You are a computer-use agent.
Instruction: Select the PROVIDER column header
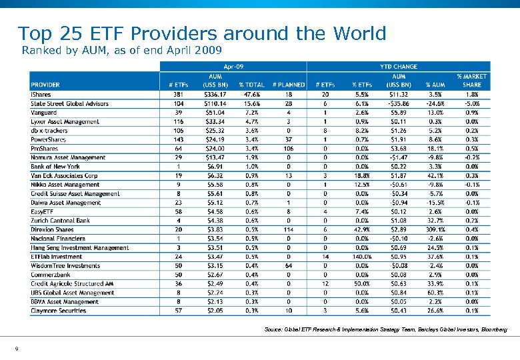45,85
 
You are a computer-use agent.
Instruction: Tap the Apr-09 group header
233,66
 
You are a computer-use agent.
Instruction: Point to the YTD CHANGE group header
398,66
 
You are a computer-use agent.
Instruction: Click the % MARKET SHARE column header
471,81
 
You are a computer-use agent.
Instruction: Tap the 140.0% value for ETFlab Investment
362,257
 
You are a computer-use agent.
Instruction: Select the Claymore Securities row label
58,311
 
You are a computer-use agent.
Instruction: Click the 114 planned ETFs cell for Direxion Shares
289,229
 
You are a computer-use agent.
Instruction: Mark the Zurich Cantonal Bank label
60,221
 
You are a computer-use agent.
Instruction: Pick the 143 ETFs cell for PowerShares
177,139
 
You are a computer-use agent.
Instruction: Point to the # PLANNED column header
289,85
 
